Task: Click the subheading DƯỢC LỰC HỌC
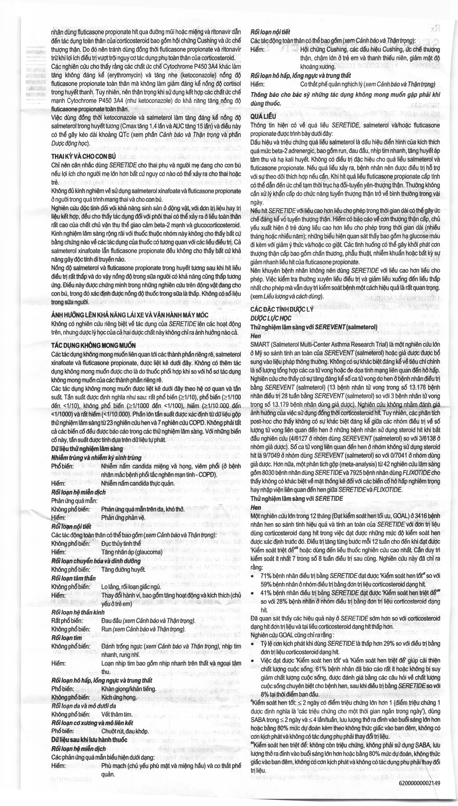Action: coord(271,318)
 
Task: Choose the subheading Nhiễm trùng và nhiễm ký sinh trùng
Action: coord(96,458)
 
